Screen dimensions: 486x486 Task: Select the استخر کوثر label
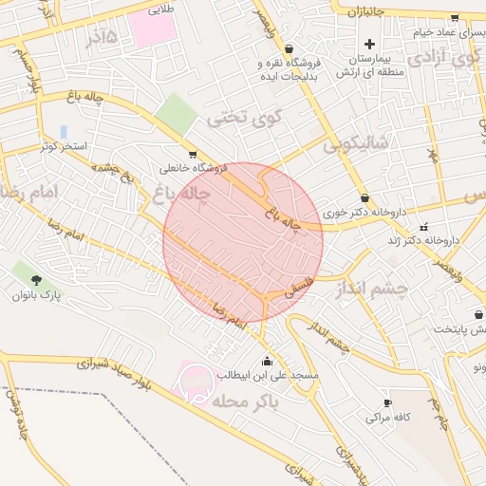coord(64,147)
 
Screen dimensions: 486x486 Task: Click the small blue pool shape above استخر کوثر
coord(64,131)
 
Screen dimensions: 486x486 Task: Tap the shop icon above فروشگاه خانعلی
coord(193,154)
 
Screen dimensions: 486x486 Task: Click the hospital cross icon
coord(369,44)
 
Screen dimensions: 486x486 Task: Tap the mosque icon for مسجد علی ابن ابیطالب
coord(267,360)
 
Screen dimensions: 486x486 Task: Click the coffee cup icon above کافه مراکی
coord(387,402)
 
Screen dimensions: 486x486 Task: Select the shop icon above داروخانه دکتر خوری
coord(365,197)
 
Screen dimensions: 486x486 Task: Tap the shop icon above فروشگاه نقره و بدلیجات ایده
coord(289,48)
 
